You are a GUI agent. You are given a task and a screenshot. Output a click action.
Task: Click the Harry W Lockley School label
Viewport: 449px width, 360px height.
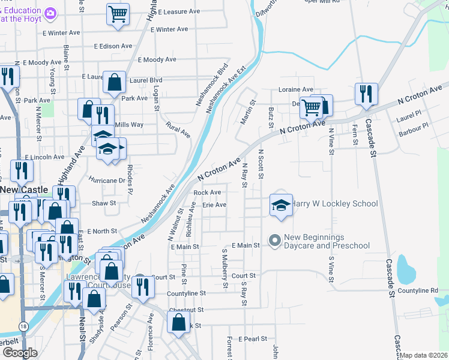pos(335,203)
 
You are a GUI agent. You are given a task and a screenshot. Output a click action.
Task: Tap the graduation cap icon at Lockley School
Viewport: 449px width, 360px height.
pos(280,204)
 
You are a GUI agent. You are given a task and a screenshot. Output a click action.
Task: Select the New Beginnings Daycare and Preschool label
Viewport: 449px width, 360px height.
pos(327,241)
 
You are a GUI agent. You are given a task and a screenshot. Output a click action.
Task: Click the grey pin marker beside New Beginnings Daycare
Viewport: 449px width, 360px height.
pos(275,241)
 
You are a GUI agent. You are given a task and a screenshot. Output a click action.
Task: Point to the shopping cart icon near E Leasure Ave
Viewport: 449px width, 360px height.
pos(118,14)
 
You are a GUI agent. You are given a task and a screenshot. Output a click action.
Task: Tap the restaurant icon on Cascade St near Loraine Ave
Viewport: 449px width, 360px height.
pos(366,94)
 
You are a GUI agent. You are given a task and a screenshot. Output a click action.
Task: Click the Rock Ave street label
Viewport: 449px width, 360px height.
pos(207,193)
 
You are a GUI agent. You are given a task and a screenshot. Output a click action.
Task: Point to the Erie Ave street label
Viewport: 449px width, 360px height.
pos(214,205)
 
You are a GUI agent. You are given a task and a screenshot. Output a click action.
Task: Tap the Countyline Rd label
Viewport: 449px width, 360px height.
pos(418,290)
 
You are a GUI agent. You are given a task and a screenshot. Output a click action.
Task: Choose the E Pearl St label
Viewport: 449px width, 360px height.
pos(252,339)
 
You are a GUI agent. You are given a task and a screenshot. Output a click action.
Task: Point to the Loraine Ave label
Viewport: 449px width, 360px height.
pos(295,89)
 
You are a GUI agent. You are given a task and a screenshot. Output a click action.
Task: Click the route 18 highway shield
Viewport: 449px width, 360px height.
pos(23,326)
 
